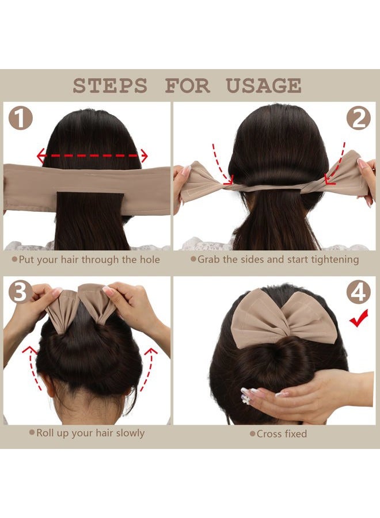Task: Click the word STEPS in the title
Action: (109, 86)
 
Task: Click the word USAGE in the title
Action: (263, 86)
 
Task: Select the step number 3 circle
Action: (20, 292)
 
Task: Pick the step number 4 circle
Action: (358, 292)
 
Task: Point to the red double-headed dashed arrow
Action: (92, 155)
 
